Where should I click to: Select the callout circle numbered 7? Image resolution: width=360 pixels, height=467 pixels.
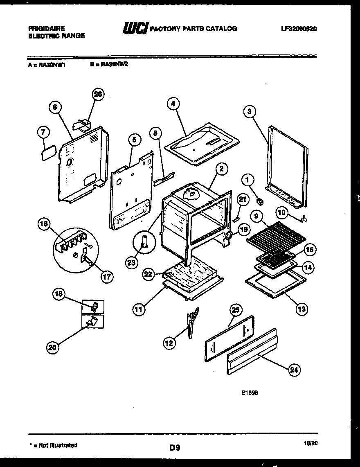pos(44,132)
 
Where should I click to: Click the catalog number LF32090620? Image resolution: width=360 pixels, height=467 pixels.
pos(299,29)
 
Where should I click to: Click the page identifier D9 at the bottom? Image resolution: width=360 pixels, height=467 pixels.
pos(175,448)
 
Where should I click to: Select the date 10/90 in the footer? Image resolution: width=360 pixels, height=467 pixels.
pos(311,443)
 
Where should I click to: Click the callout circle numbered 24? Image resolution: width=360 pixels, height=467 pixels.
pos(293,370)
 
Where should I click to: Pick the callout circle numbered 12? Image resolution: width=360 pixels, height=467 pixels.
pos(169,343)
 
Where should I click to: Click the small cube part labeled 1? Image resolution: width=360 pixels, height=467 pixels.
pos(259,201)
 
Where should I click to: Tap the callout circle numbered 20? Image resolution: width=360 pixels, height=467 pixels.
pos(52,348)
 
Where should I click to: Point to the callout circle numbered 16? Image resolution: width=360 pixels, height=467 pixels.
pos(44,224)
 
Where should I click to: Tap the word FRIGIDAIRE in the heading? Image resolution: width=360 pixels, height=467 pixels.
pos(46,29)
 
